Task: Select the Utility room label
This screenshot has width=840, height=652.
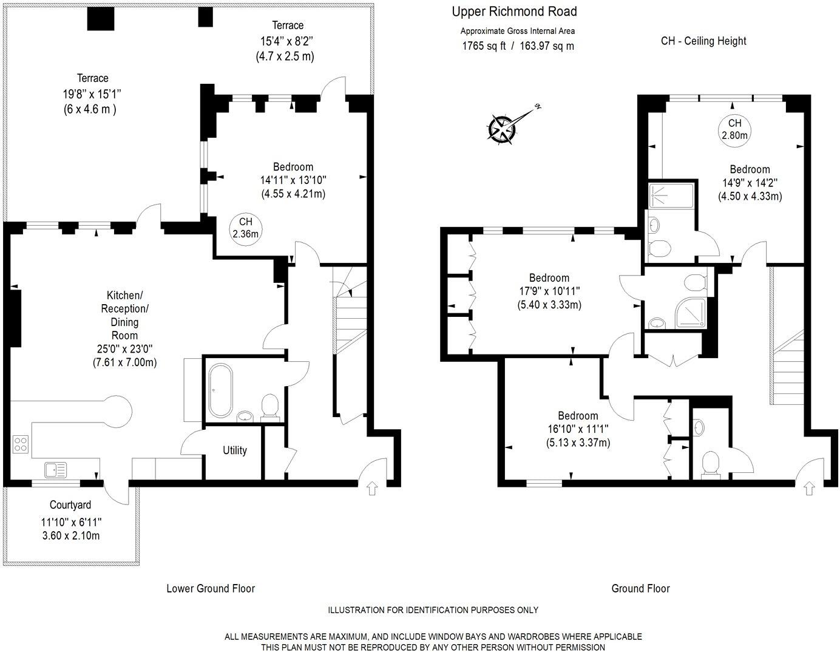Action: (x=234, y=450)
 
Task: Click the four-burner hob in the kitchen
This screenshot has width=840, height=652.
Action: (x=21, y=444)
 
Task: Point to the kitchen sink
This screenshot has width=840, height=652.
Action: (x=55, y=469)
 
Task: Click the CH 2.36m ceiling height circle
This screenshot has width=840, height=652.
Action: (x=245, y=228)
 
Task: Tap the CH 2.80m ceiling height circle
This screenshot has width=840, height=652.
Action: (x=734, y=129)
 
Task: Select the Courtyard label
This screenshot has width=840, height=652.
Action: (x=70, y=505)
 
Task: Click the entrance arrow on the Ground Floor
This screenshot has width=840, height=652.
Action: (x=808, y=488)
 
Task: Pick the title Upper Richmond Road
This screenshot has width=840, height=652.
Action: (x=514, y=12)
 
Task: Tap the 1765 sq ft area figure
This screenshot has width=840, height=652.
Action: (x=484, y=46)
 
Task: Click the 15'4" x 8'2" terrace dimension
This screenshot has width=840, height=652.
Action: (x=287, y=41)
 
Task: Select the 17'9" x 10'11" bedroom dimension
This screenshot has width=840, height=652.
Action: (x=549, y=291)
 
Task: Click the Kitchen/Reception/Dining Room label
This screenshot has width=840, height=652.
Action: (x=124, y=315)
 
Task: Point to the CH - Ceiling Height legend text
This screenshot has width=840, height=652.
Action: (x=703, y=41)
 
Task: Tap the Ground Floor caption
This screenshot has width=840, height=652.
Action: (x=640, y=588)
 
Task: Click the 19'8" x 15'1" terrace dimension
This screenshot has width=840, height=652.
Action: (x=92, y=94)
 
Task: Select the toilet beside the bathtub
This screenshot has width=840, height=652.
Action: (x=269, y=406)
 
